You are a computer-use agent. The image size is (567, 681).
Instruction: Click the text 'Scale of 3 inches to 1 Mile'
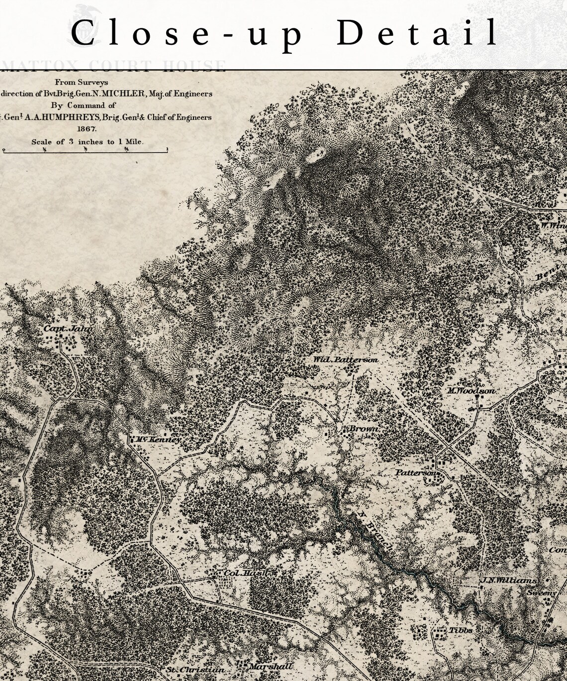pos(88,141)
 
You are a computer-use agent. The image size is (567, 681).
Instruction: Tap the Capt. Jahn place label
pos(68,329)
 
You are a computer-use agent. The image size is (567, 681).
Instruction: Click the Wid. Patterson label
pos(345,359)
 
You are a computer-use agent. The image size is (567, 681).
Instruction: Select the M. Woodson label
pos(471,391)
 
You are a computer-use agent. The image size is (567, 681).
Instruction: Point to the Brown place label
pos(364,429)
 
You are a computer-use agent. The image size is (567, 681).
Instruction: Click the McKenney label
pos(158,440)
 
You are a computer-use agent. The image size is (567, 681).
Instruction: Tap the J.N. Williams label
pos(508,580)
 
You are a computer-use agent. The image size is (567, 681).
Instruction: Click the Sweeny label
pos(541,593)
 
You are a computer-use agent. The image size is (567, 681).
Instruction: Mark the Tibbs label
pos(461,630)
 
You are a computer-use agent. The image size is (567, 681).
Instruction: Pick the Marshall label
pos(271,666)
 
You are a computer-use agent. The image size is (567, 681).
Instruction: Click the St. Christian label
pos(195,670)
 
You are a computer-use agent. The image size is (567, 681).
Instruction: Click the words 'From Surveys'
pos(82,82)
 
